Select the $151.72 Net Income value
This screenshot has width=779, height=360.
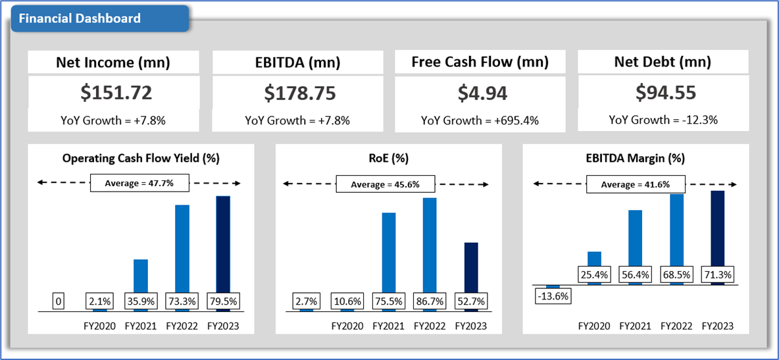click(x=116, y=93)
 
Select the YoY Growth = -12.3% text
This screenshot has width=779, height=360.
click(x=663, y=120)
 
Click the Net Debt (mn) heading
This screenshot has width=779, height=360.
click(x=663, y=63)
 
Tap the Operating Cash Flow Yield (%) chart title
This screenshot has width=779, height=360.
click(x=141, y=158)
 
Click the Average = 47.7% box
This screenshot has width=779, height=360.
click(x=139, y=183)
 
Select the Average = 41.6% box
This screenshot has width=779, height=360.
click(x=635, y=184)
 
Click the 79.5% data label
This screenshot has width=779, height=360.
click(x=224, y=301)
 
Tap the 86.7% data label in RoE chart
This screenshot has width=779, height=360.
click(x=430, y=301)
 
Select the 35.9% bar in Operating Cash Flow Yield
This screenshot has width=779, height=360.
click(x=141, y=276)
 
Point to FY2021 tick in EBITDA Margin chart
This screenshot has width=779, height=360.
click(x=635, y=326)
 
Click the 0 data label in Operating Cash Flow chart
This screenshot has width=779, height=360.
click(x=59, y=301)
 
